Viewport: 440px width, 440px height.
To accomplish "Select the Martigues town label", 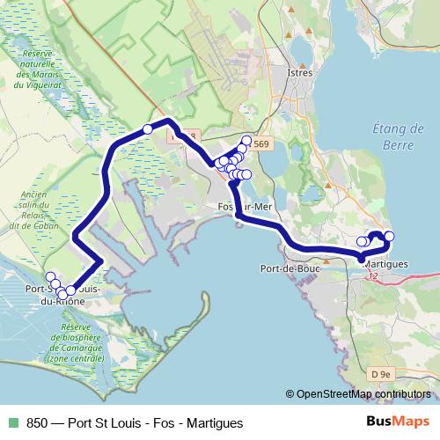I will click(385, 264).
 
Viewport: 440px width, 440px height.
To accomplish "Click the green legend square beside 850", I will click(12, 423).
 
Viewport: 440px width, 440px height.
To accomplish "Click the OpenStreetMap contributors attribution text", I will click(361, 394).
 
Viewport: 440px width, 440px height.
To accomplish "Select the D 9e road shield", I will click(380, 375).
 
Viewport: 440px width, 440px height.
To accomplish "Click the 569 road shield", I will click(262, 143).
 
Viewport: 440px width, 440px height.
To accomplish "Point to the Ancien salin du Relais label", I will click(34, 210).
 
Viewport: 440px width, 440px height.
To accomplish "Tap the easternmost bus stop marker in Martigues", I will click(389, 236).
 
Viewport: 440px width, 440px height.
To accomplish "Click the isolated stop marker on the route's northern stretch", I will click(148, 129).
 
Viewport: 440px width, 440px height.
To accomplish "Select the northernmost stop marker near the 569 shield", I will click(246, 141).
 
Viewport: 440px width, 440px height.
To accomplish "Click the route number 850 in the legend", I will click(37, 423).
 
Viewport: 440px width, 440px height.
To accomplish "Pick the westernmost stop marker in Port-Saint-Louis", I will click(50, 277).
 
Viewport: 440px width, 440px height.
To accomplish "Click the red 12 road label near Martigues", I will click(373, 276).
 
